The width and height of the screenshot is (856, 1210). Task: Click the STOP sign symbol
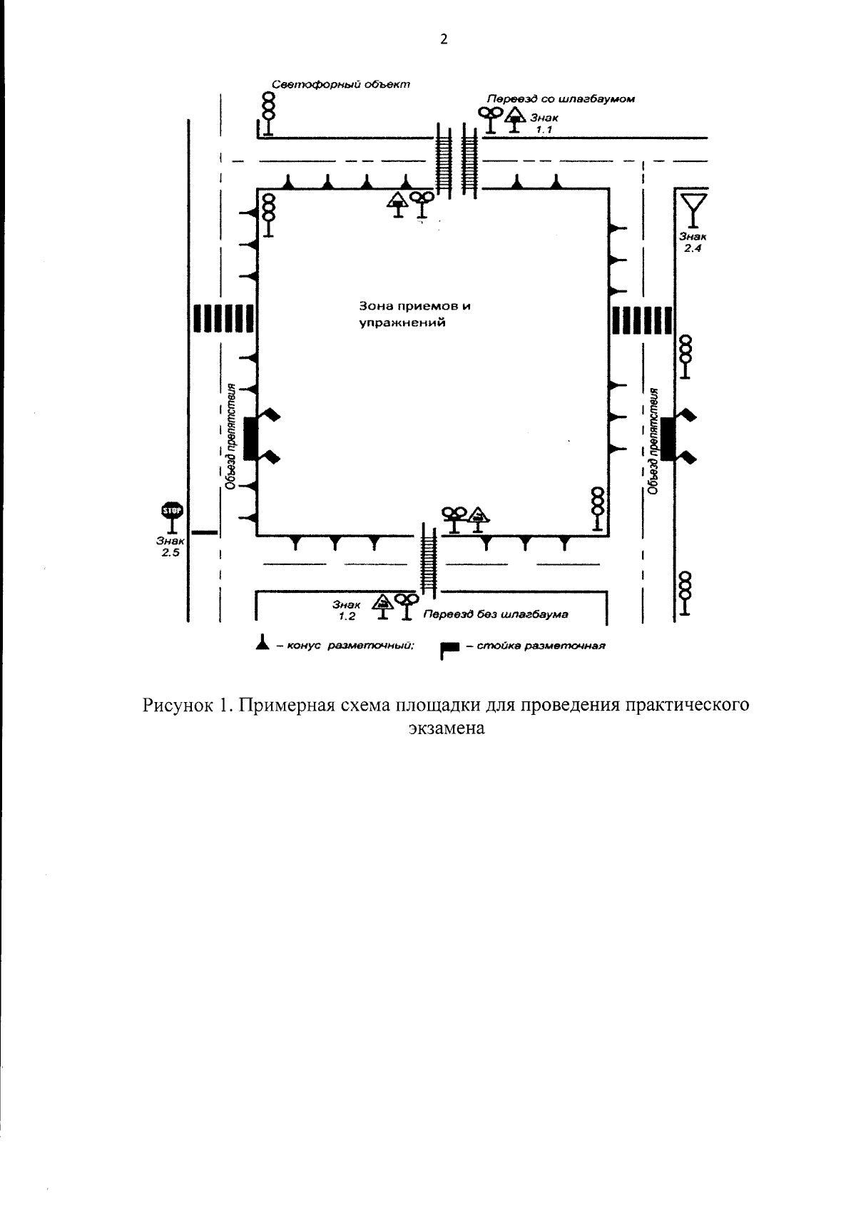click(x=171, y=511)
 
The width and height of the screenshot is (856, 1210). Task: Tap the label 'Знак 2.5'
click(x=170, y=547)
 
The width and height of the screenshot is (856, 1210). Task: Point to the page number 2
click(x=443, y=40)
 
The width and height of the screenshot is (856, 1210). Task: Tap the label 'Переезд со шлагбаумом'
click(x=560, y=99)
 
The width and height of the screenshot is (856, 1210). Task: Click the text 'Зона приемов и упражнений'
click(x=414, y=314)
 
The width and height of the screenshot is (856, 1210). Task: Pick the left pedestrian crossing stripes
click(x=222, y=318)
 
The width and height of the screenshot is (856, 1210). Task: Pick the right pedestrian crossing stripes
click(x=642, y=319)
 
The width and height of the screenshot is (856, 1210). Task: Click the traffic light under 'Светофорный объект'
click(x=268, y=113)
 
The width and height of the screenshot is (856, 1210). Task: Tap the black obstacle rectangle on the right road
click(x=667, y=439)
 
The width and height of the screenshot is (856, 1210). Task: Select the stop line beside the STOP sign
click(x=205, y=532)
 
